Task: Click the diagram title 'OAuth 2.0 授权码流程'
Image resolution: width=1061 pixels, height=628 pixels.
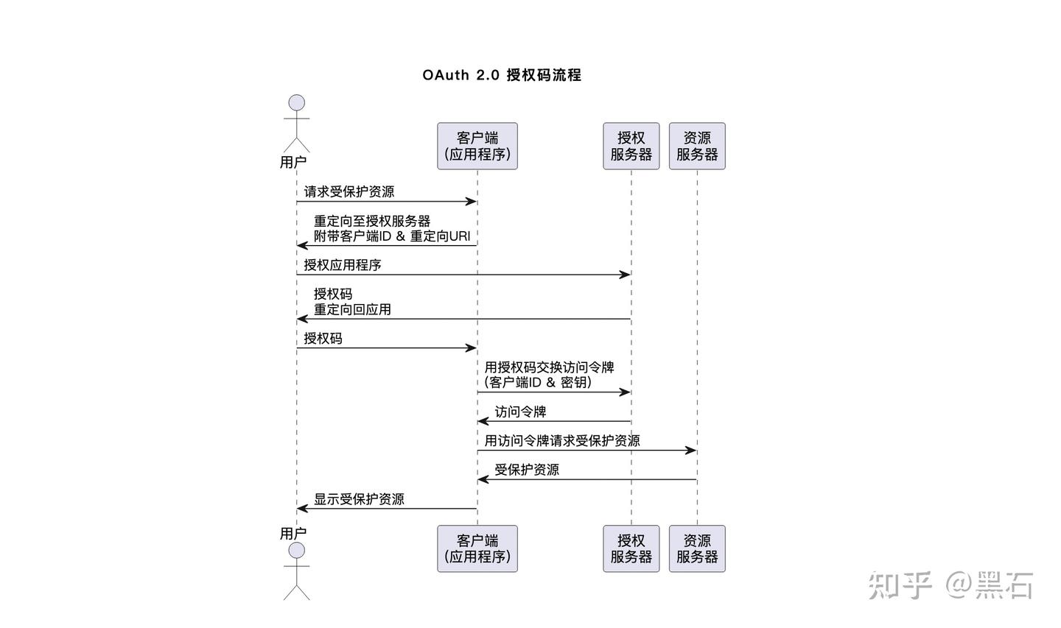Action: point(502,75)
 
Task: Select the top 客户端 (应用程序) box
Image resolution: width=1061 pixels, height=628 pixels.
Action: point(477,146)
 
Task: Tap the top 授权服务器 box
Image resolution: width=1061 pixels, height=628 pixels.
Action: point(631,146)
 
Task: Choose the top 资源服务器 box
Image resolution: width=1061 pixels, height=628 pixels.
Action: point(697,146)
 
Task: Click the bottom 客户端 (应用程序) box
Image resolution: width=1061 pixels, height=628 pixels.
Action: point(477,548)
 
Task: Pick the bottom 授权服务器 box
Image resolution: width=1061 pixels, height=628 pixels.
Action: point(631,548)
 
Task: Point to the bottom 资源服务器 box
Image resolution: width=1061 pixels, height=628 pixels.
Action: point(697,548)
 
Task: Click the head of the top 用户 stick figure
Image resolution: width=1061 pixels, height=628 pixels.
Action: point(297,102)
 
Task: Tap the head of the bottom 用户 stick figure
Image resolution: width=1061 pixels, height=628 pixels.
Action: point(297,551)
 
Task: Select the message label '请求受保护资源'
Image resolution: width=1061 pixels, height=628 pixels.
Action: point(349,192)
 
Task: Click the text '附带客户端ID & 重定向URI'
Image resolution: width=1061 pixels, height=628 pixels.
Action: point(392,236)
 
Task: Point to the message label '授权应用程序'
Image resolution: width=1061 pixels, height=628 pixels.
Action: point(343,265)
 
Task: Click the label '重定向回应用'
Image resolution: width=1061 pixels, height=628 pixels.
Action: point(352,310)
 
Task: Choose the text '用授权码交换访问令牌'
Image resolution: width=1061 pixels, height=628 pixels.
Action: point(549,367)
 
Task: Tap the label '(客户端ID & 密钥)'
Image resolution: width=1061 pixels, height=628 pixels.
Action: point(539,383)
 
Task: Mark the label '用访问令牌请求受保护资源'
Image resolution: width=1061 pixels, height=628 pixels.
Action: point(562,441)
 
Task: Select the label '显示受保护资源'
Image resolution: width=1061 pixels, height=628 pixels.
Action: point(359,499)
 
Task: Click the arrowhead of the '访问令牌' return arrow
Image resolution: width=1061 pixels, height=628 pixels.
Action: point(483,421)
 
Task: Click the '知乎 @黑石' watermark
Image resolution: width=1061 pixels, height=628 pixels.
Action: point(950,585)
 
